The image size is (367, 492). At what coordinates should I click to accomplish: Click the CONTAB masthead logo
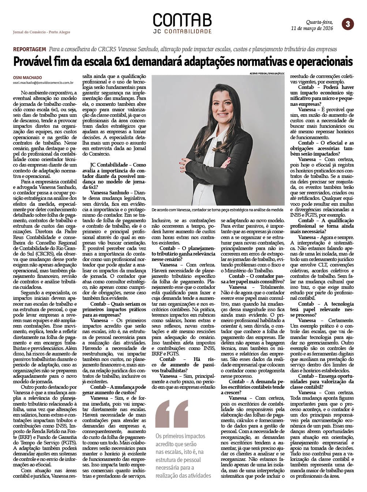(x=182, y=20)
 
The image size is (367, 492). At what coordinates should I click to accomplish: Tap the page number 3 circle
(x=348, y=24)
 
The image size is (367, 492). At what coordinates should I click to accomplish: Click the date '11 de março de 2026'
(x=312, y=28)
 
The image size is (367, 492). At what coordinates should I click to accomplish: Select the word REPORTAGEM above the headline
(x=29, y=49)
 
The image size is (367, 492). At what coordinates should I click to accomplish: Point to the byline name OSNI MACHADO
(x=27, y=78)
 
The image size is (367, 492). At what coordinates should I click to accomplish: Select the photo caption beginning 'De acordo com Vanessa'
(x=217, y=210)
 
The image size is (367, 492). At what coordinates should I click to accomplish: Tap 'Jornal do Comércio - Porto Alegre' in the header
(x=41, y=32)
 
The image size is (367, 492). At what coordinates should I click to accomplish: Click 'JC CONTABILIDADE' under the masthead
(x=182, y=31)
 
